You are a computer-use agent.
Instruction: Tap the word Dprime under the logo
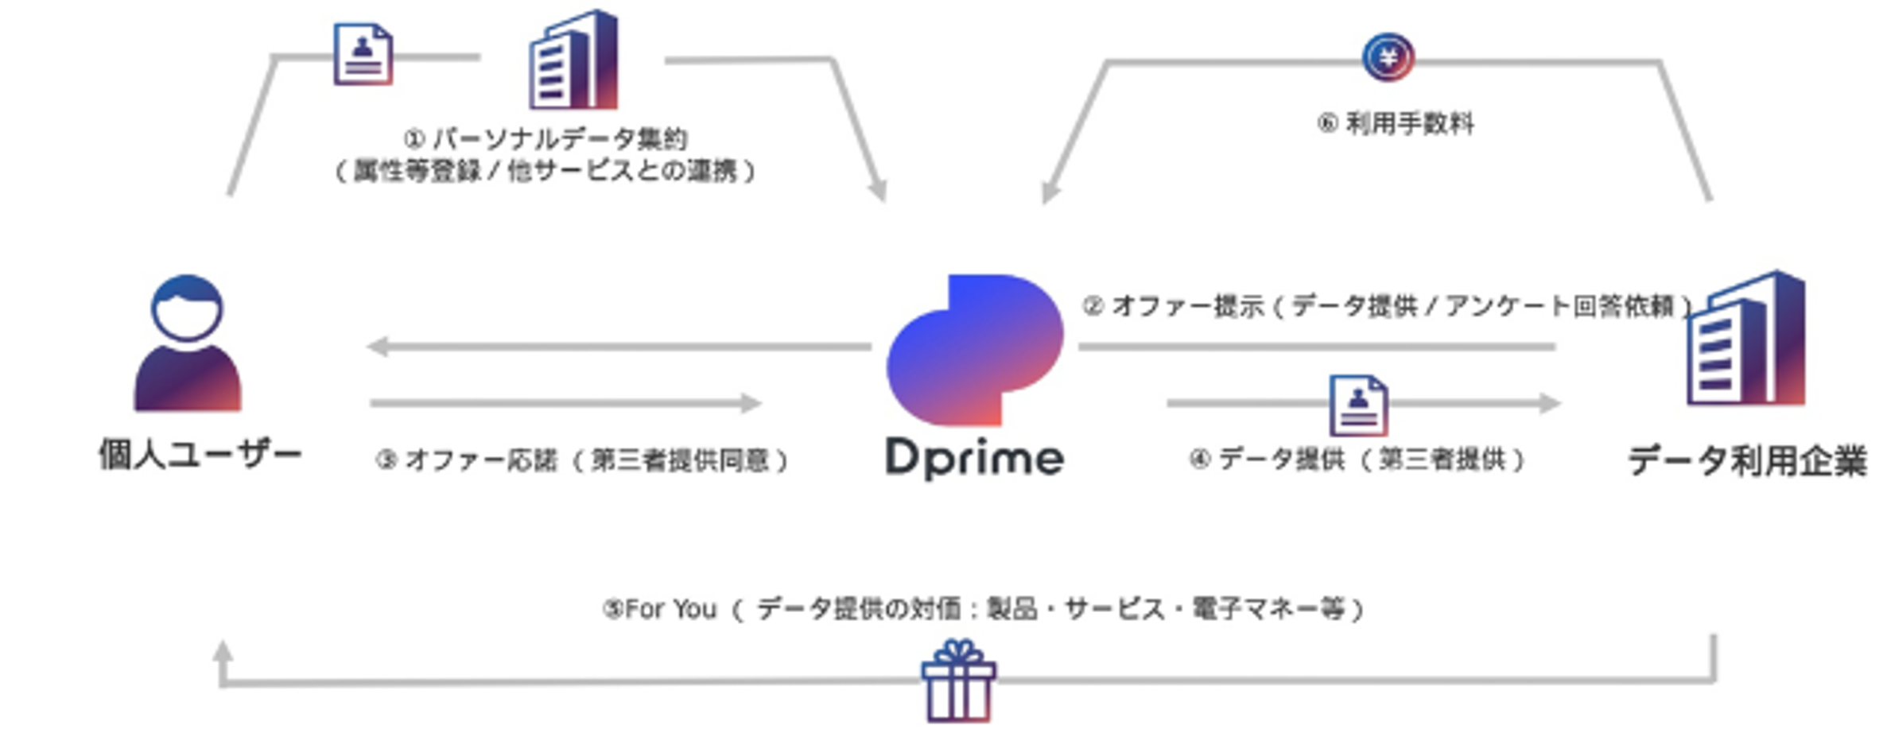click(x=975, y=458)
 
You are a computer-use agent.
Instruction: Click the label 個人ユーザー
click(x=200, y=456)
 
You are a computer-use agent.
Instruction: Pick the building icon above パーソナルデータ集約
click(x=573, y=60)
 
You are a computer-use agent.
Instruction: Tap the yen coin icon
click(x=1388, y=57)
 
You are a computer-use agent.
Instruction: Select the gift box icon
click(x=958, y=681)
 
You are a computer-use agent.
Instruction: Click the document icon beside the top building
click(x=363, y=54)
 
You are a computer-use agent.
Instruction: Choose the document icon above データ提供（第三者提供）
click(x=1358, y=405)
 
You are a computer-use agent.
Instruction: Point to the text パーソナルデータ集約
click(x=558, y=139)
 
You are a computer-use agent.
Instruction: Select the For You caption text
click(x=983, y=609)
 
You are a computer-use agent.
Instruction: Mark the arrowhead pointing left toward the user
click(x=378, y=347)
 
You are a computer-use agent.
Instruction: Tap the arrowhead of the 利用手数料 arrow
click(x=1050, y=192)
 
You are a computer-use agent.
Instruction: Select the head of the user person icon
click(x=188, y=307)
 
